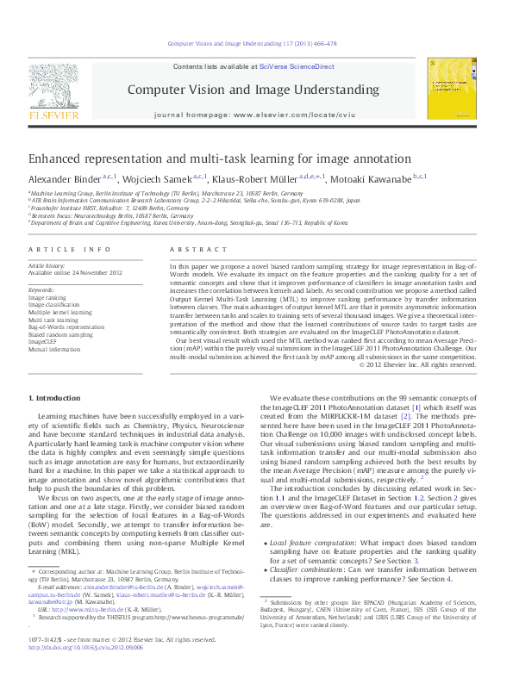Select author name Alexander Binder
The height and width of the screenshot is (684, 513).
[x=64, y=178]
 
